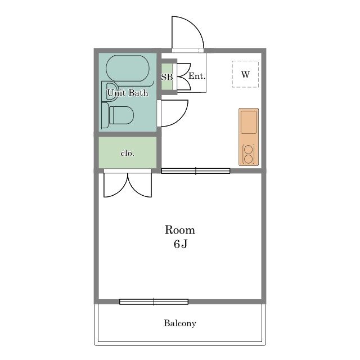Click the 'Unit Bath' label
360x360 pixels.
tap(128, 93)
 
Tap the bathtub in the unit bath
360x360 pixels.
tap(128, 69)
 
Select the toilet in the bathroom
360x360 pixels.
tap(118, 115)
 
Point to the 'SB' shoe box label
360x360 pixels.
tap(167, 77)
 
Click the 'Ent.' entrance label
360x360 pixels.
tap(197, 76)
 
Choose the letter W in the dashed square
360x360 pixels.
tap(245, 74)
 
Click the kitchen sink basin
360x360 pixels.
tap(249, 122)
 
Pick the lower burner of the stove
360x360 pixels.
tap(249, 159)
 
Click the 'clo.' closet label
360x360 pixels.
tap(128, 153)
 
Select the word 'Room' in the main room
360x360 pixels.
tap(180, 230)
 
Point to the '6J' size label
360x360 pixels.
tap(181, 244)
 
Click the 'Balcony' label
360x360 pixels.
tap(180, 323)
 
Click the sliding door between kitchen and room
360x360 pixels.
tap(196, 171)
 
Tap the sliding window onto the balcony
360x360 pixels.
tap(154, 301)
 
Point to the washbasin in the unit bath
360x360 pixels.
tap(110, 91)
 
